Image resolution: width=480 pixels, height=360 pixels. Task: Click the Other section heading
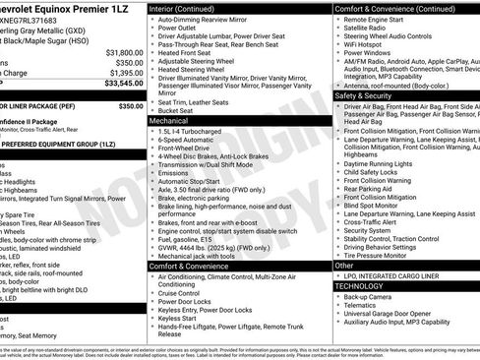pyautogui.click(x=344, y=266)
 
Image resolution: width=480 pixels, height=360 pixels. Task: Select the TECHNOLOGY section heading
pyautogui.click(x=363, y=286)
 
